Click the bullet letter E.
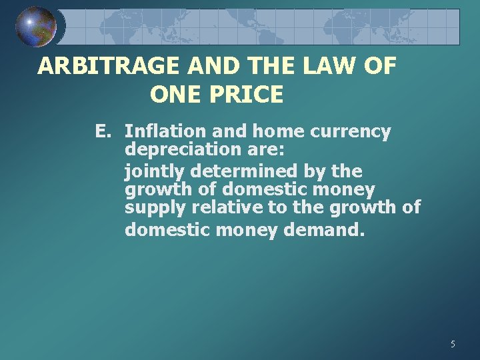click(x=102, y=131)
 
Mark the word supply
click(x=155, y=209)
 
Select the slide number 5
click(x=453, y=344)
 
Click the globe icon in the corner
click(x=36, y=27)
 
